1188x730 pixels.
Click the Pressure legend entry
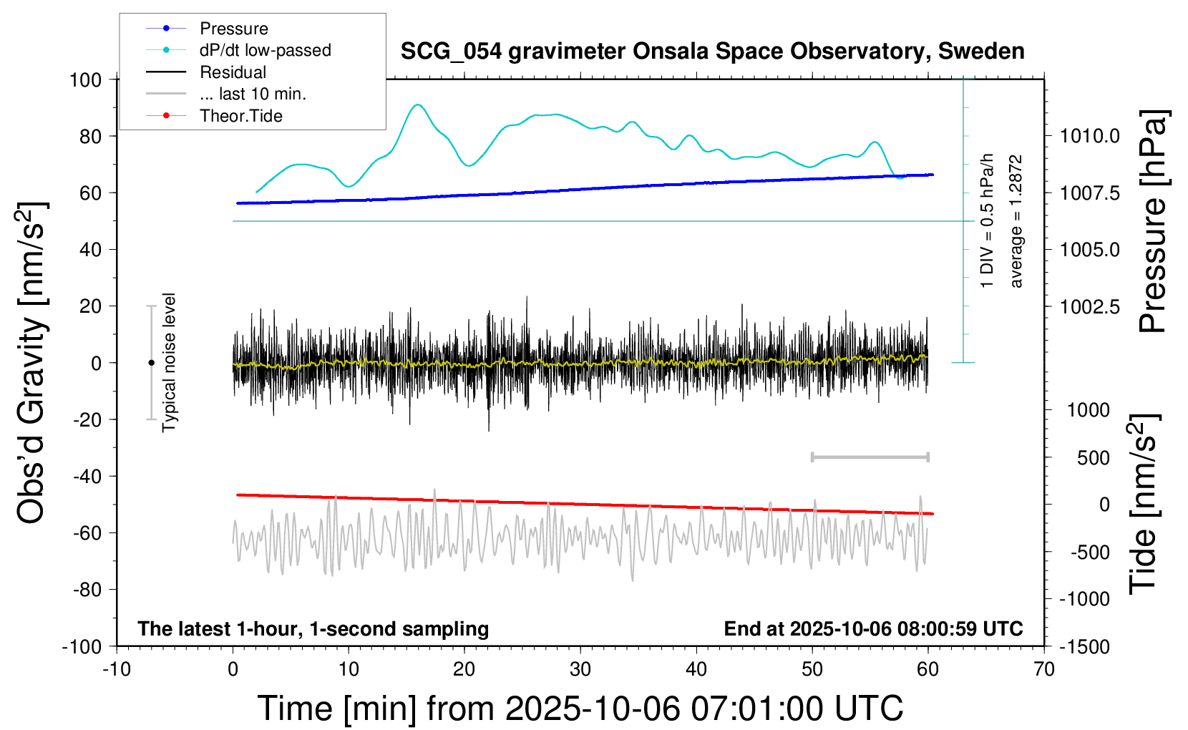click(233, 29)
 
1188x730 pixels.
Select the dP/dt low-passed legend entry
click(265, 50)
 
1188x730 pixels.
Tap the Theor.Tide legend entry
click(240, 116)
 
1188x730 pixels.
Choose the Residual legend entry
click(233, 72)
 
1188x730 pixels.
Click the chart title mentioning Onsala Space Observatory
click(712, 52)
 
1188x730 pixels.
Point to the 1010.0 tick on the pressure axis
click(1090, 136)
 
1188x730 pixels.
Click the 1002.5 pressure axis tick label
click(1090, 306)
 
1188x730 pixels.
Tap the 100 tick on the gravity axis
click(86, 79)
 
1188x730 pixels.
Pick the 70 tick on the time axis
click(1044, 670)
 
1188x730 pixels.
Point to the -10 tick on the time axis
click(117, 670)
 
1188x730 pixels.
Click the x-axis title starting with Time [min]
click(580, 709)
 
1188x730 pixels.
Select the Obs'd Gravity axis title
click(32, 363)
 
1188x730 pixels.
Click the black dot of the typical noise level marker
click(151, 363)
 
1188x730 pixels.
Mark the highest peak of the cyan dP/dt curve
click(417, 104)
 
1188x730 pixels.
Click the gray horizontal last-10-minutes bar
click(870, 457)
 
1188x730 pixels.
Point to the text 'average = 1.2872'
click(1016, 222)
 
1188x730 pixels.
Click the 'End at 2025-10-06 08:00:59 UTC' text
click(873, 629)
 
